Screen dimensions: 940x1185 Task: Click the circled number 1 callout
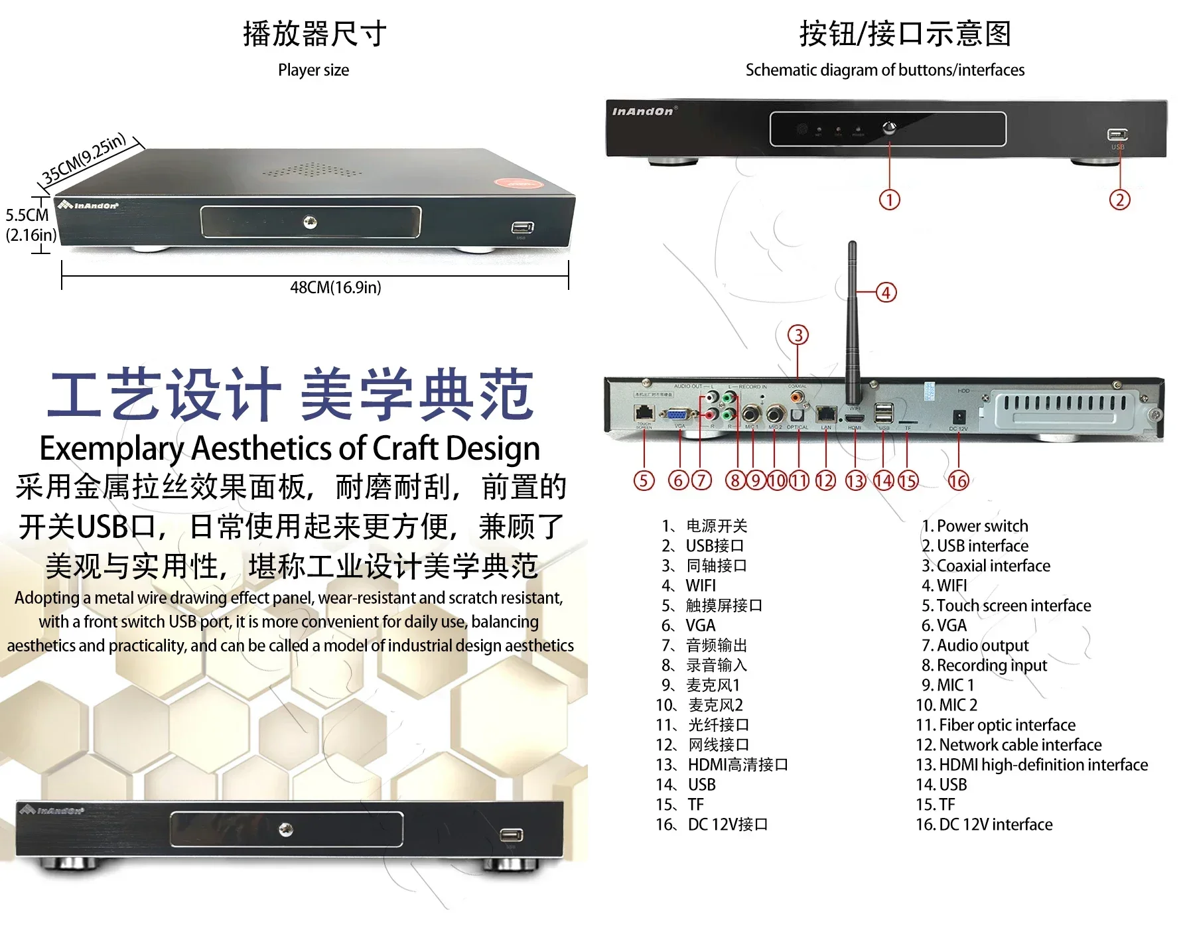click(889, 200)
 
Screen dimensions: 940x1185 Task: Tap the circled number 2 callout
click(1119, 200)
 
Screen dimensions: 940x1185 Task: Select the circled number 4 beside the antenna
click(886, 293)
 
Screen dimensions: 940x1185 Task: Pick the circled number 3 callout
click(798, 335)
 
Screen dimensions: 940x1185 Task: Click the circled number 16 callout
click(958, 480)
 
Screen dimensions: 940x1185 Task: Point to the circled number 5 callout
click(644, 480)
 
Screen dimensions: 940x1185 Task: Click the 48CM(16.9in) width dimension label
click(335, 287)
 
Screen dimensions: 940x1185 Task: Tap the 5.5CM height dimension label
click(27, 216)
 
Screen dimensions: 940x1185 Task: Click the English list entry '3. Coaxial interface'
click(986, 566)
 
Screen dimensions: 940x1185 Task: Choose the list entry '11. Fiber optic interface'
click(995, 725)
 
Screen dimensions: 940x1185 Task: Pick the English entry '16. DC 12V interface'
click(984, 825)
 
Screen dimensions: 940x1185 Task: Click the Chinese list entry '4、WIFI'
click(689, 586)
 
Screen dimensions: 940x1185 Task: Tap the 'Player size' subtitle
click(313, 70)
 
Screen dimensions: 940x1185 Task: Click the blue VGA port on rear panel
click(677, 415)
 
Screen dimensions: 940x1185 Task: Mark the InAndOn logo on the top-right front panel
click(642, 111)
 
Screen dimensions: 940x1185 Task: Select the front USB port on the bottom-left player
click(511, 835)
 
